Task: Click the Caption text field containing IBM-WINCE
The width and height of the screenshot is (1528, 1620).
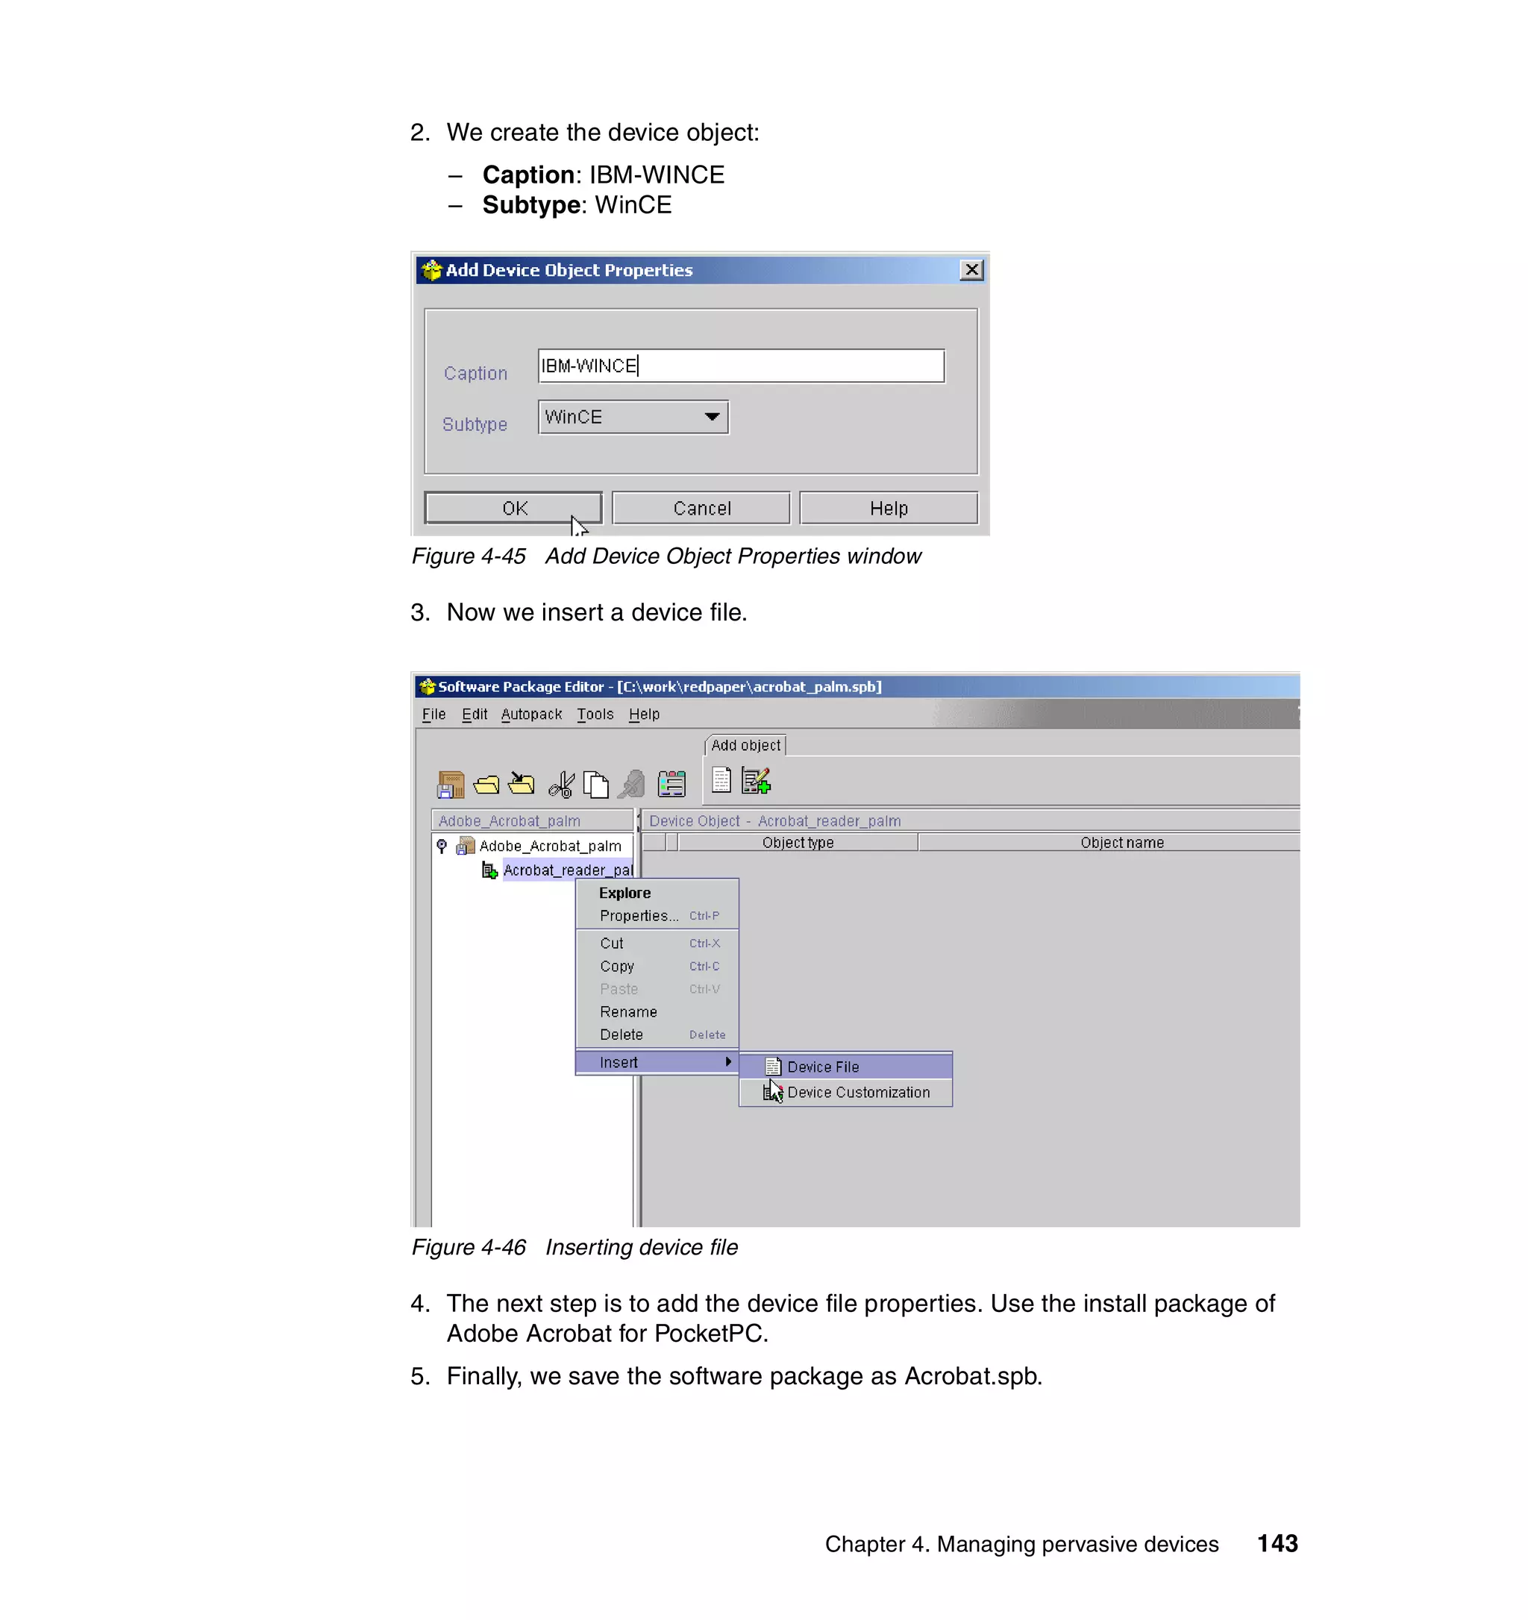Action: coord(740,366)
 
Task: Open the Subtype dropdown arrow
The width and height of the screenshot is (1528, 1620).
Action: coord(712,417)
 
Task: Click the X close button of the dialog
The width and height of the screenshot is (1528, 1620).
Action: coord(971,270)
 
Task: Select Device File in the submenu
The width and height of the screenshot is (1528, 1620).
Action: coord(822,1066)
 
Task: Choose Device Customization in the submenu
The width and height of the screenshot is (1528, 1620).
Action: coord(857,1092)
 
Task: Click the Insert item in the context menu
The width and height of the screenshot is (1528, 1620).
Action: coord(619,1062)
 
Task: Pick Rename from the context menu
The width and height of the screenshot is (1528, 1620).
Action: coord(627,1011)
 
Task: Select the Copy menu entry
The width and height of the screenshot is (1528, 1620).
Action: coord(616,966)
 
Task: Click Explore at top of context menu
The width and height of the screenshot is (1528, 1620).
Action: coord(624,892)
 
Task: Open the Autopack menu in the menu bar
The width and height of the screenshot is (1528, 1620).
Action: coord(531,714)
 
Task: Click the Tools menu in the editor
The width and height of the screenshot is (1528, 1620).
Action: coord(595,714)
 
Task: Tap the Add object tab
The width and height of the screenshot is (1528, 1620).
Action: coord(745,745)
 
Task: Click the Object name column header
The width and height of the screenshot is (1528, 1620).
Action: coord(1121,843)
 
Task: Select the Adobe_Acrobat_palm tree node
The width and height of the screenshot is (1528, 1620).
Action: coord(549,846)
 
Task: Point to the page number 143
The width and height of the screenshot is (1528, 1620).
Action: coord(1277,1542)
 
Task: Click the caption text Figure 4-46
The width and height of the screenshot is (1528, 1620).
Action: coord(469,1247)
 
